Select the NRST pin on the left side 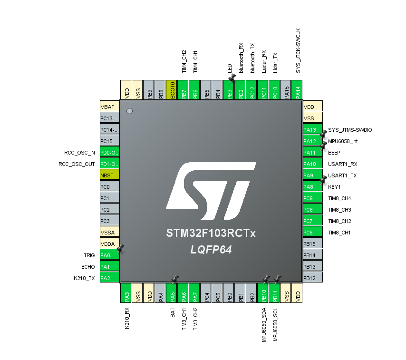(109, 175)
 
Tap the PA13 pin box (312, 129)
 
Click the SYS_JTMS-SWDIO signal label (350, 130)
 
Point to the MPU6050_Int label (343, 141)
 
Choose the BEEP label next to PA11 (335, 153)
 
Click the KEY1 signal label (334, 187)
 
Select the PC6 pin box (312, 232)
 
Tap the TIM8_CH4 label (339, 198)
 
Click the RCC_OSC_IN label (79, 153)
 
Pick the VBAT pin (109, 107)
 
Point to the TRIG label (89, 255)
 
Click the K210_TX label (84, 278)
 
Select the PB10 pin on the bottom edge (262, 293)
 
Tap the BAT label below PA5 (173, 313)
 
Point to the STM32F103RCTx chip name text (211, 234)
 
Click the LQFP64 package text (211, 249)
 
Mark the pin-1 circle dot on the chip (129, 111)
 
